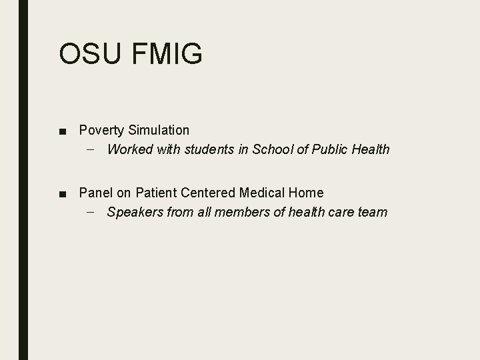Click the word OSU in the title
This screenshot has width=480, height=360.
[x=89, y=54]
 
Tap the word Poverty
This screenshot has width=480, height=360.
[x=100, y=130]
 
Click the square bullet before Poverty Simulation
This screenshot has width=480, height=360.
[x=62, y=131]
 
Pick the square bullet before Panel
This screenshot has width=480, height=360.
[x=62, y=193]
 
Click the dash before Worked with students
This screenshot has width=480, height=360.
[x=90, y=149]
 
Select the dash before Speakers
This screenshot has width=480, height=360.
[x=90, y=212]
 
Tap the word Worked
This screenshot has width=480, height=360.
[x=129, y=149]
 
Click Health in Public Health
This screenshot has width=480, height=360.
[x=370, y=149]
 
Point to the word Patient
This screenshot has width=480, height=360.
[x=157, y=193]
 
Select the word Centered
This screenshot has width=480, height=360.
[x=208, y=193]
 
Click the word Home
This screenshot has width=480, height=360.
[x=306, y=193]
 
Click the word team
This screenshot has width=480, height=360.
[x=372, y=212]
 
